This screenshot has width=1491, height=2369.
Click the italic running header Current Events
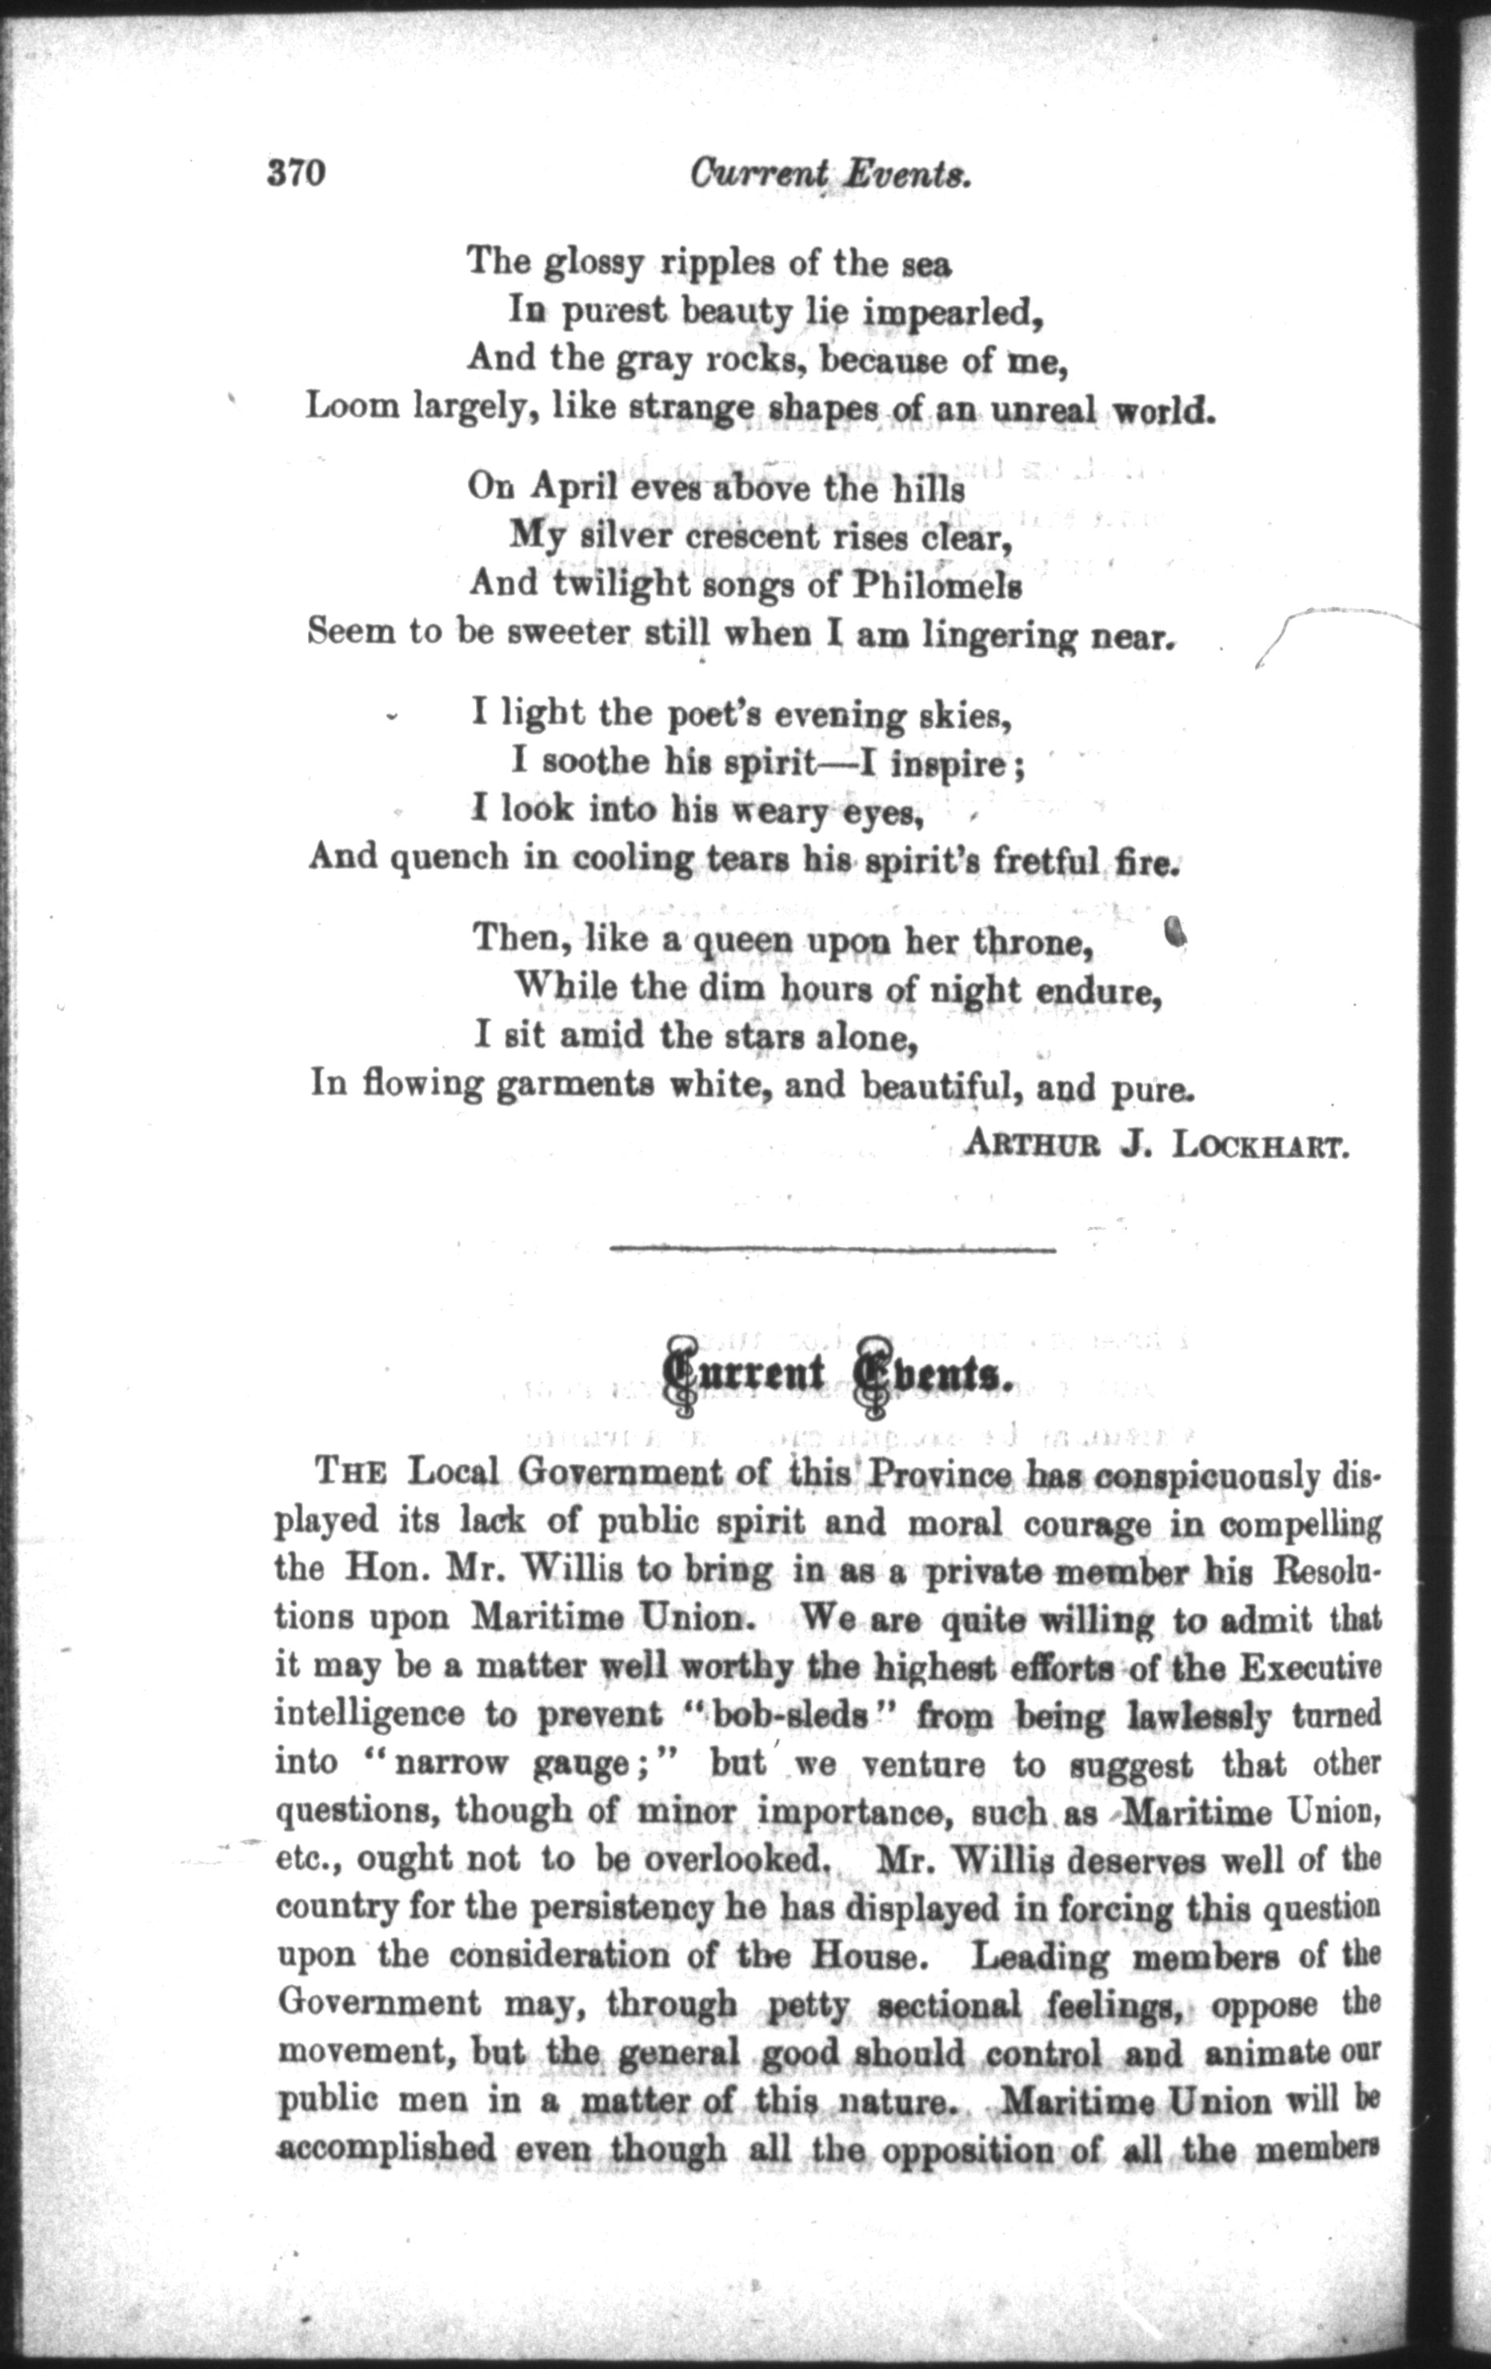tap(831, 174)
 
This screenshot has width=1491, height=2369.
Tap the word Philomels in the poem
tap(937, 587)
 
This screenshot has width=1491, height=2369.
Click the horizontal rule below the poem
tap(832, 1249)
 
